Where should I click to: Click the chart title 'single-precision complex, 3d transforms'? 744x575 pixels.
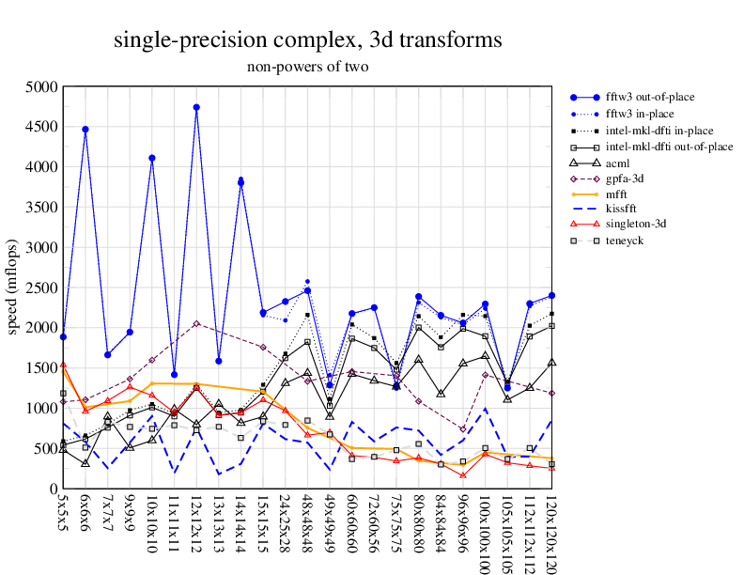[307, 40]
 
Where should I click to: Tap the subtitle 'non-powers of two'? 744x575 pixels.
[307, 67]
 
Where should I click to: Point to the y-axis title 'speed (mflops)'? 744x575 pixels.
[13, 287]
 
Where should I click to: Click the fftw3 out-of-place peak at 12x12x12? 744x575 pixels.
[196, 107]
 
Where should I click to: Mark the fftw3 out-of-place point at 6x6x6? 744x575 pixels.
[85, 130]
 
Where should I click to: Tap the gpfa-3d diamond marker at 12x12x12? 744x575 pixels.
[196, 323]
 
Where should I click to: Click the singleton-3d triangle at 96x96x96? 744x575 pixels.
[463, 475]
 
